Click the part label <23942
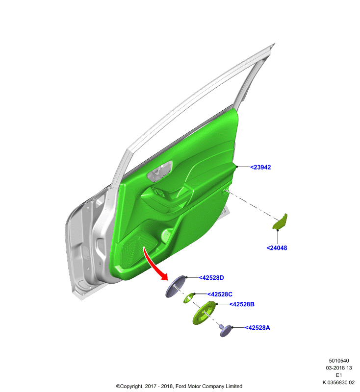click(x=260, y=167)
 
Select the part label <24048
click(x=277, y=248)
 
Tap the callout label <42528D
click(x=211, y=278)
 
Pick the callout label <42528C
click(x=220, y=294)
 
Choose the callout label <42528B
click(x=242, y=304)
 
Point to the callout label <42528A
click(x=257, y=328)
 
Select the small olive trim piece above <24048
click(x=280, y=221)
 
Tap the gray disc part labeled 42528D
click(x=176, y=287)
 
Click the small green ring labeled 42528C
click(x=189, y=298)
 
